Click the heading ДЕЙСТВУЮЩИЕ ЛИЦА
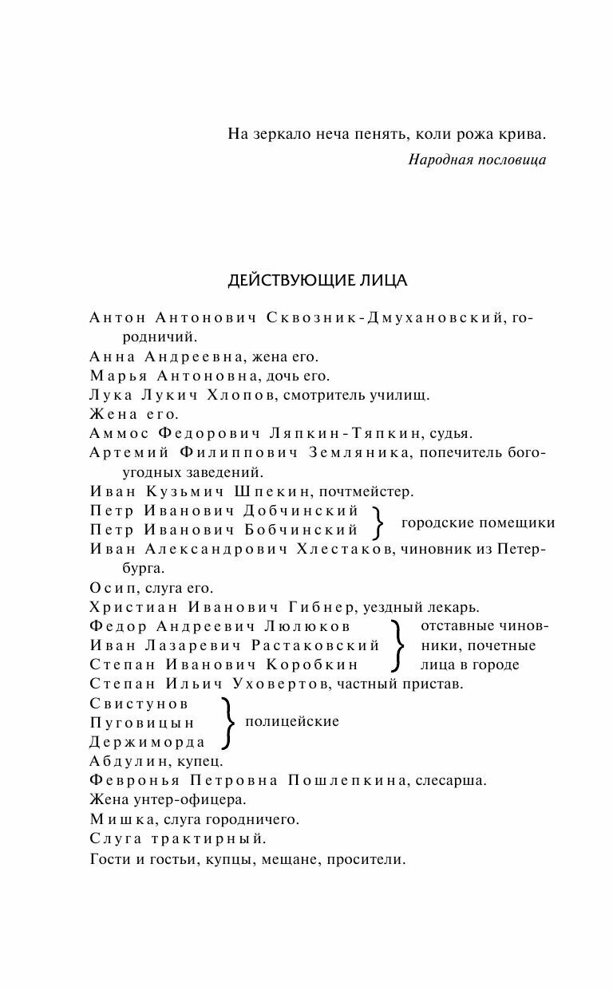[x=318, y=281]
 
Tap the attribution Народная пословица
[x=477, y=160]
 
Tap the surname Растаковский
[x=315, y=645]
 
